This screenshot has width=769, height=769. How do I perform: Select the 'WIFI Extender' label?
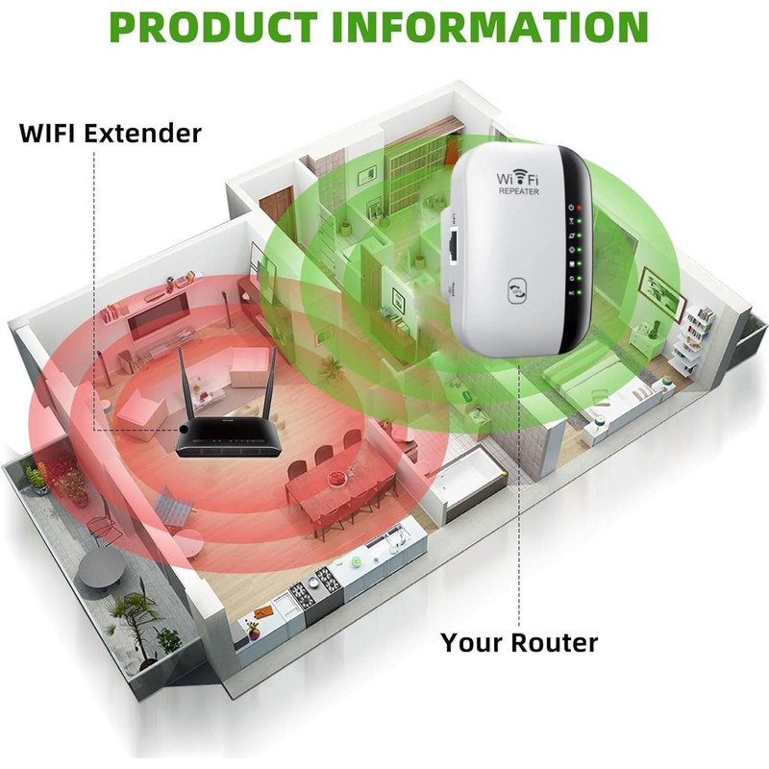pos(111,132)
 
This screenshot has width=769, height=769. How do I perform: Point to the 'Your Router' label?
pos(519,641)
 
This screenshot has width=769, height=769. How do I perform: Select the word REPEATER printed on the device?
pos(518,192)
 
